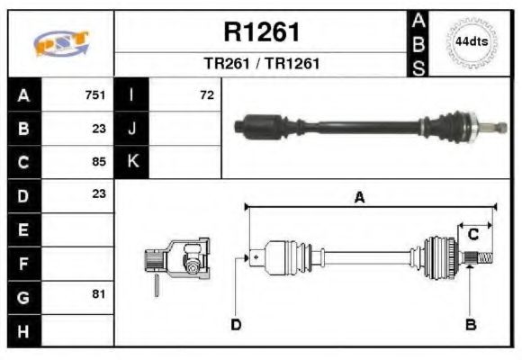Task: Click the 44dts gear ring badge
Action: (471, 42)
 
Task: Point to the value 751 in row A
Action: (94, 94)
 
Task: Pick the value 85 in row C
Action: (99, 162)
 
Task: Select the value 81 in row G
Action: (99, 294)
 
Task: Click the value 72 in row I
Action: (207, 94)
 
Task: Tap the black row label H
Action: (23, 330)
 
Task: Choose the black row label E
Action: (23, 229)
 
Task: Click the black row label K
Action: (132, 162)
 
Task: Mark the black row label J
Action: (132, 128)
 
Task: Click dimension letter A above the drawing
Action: (359, 198)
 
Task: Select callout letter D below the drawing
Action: (236, 324)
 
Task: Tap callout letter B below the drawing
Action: (470, 324)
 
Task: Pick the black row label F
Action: (23, 262)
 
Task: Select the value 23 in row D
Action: (99, 193)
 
